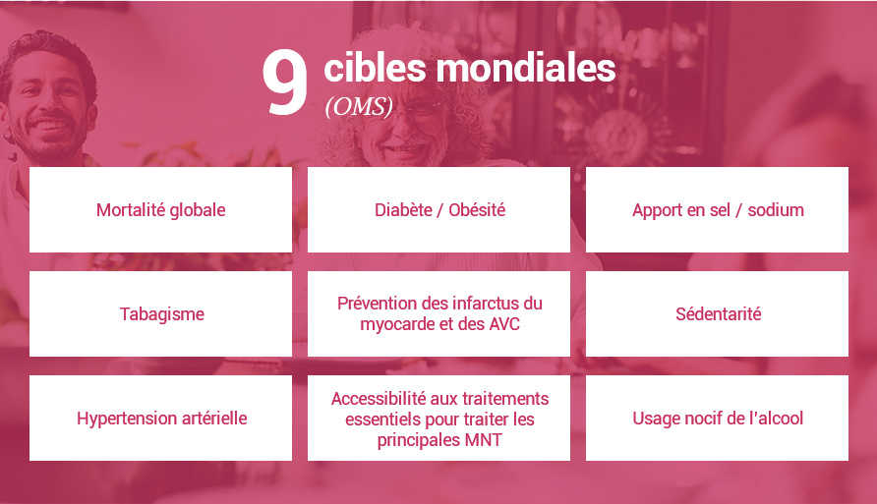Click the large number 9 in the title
tap(285, 85)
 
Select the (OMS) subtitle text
tap(358, 107)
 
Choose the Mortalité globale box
tap(160, 210)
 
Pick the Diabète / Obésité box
tap(438, 210)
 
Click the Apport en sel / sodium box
tap(717, 210)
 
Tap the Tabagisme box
tap(160, 314)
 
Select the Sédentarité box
tap(717, 314)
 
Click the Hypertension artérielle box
tap(160, 419)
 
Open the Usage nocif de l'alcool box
tap(717, 419)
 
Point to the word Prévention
tap(379, 304)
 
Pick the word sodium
tap(776, 210)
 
